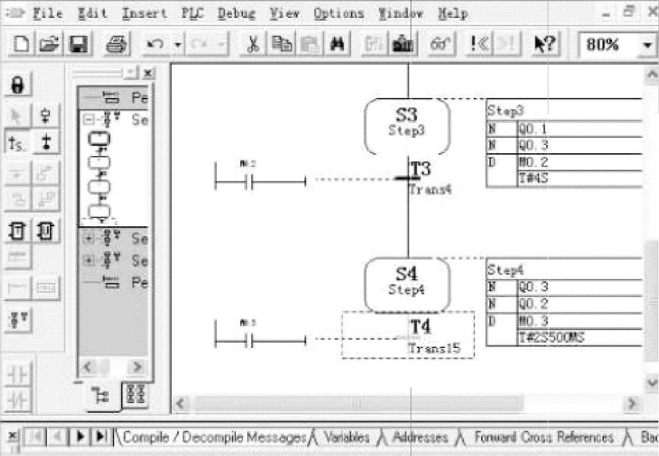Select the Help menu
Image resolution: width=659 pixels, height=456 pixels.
(x=453, y=13)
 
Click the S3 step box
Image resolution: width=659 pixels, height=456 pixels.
(x=407, y=121)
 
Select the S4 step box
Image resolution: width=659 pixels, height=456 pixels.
(x=407, y=281)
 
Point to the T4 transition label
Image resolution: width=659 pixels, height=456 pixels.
(x=421, y=327)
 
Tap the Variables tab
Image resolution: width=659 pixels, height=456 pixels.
(x=346, y=438)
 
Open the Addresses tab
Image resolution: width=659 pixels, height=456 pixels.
(x=420, y=438)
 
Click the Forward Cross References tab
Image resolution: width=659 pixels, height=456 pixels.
(x=543, y=438)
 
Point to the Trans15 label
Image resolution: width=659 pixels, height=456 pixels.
(x=434, y=349)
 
